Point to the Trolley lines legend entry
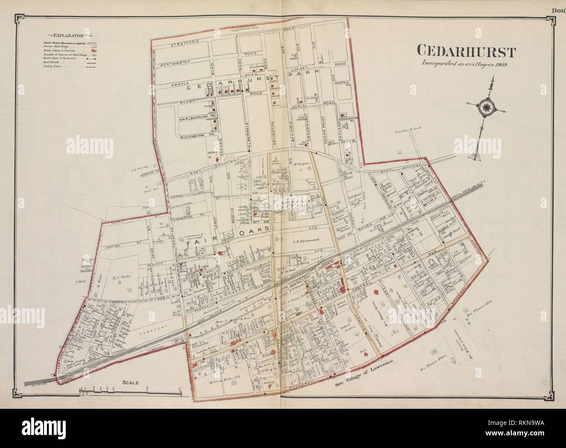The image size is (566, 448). pos(52,67)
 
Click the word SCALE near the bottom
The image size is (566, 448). pos(130,383)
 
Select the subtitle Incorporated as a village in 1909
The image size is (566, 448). pos(468,64)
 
